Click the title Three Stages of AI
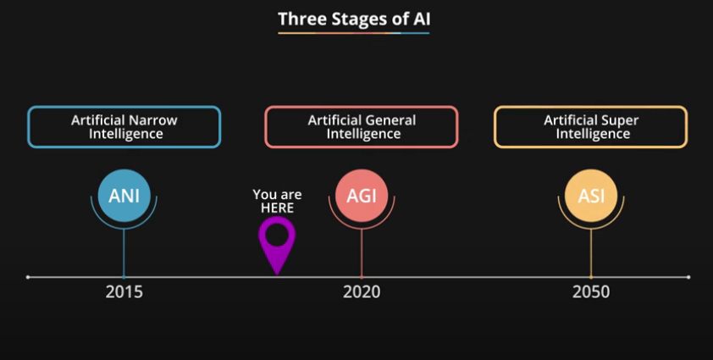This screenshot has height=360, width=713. pos(353,18)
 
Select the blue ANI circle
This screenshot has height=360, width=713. pos(124,197)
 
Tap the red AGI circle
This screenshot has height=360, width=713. pos(362,197)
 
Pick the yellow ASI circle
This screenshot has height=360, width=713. pos(591,197)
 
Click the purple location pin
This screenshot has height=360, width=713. pos(277,240)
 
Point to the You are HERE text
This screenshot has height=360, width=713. pos(277,201)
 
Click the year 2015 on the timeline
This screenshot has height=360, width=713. pos(124,293)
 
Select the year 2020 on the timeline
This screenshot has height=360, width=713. pos(362,293)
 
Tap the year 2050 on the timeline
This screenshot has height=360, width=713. pos(591,293)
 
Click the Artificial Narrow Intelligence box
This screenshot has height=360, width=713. pos(124,127)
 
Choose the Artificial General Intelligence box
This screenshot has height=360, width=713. pos(362,127)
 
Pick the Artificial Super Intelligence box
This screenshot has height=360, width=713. pos(591,127)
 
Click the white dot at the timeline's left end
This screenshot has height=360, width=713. pos(28,277)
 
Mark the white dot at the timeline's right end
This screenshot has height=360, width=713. pos(688,277)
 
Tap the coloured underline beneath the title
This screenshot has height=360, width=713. pos(353,33)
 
